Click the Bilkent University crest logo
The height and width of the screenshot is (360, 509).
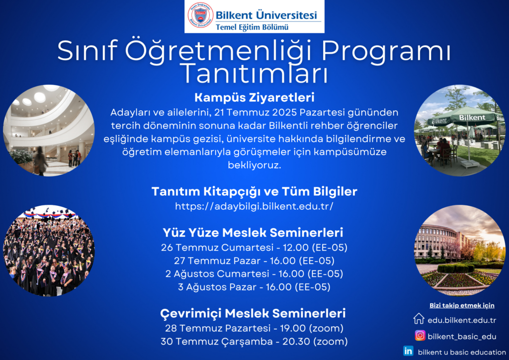coord(200,15)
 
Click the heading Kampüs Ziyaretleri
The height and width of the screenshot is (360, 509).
coord(254,97)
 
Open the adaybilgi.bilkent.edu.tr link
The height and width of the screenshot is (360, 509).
coord(254,206)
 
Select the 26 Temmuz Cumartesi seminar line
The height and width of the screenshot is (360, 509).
coord(254,248)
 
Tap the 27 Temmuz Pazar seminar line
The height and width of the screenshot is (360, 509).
coord(254,261)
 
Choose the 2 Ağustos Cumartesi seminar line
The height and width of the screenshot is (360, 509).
coord(254,274)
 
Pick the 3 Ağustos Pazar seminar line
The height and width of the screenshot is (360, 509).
coord(254,287)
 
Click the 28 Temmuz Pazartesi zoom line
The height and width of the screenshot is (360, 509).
coord(254,328)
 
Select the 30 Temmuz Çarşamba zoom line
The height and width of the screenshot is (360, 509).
coord(254,342)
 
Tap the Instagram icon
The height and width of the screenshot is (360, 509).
coord(420,335)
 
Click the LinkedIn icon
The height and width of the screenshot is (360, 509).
coord(408,351)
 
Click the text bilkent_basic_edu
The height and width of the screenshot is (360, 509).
coord(462,337)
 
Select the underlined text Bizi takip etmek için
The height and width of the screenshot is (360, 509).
coord(462,305)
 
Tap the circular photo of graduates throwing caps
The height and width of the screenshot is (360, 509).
coord(49,250)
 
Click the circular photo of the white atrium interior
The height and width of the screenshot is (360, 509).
coord(49,130)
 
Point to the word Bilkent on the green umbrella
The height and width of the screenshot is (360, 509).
coord(472,117)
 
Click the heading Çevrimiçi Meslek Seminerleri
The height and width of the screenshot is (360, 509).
coord(253,314)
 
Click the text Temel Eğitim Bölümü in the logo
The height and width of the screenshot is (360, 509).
coord(252,27)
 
